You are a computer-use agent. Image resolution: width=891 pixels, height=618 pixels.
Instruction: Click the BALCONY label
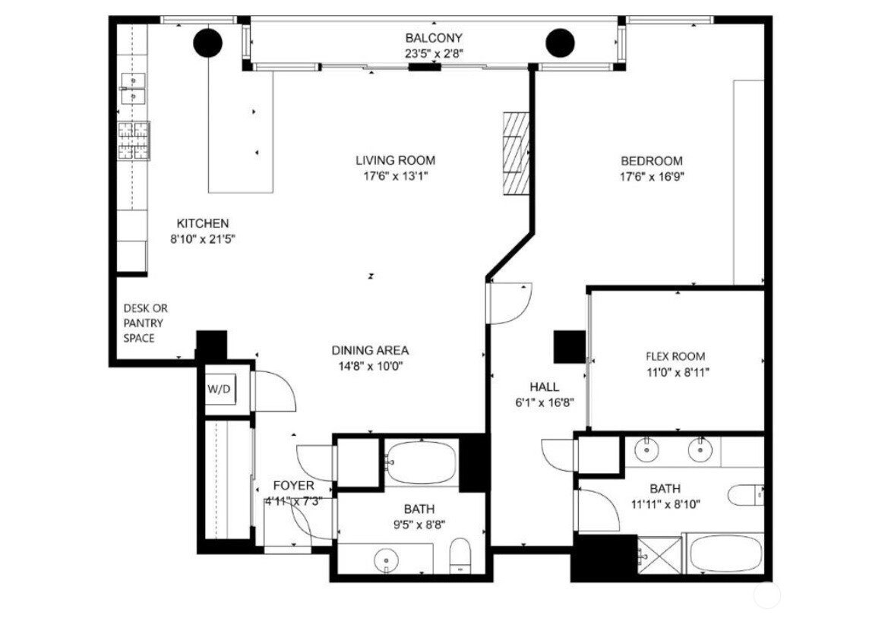[x=434, y=38]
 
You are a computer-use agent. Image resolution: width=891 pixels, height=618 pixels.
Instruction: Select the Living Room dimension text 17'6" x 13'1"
[x=396, y=176]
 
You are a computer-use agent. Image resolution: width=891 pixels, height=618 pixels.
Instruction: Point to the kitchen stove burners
[x=134, y=140]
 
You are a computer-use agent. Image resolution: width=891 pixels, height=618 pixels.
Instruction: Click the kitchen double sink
[x=132, y=89]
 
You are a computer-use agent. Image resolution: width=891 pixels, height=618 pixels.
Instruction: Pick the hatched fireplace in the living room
[x=516, y=153]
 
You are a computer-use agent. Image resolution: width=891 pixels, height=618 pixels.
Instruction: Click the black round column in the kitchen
[x=207, y=43]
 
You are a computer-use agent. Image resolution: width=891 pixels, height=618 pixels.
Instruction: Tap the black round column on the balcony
[x=561, y=43]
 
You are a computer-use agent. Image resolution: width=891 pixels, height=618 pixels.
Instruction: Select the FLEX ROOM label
[x=675, y=357]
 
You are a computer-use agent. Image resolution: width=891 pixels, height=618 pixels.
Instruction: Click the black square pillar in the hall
[x=570, y=346]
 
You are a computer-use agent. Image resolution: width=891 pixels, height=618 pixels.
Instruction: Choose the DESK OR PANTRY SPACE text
[x=146, y=323]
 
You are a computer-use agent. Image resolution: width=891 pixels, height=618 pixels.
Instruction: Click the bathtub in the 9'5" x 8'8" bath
[x=421, y=462]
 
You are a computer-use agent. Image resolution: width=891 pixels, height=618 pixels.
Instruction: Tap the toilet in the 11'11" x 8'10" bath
[x=746, y=495]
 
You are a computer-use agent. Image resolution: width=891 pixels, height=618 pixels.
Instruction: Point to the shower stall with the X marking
[x=659, y=556]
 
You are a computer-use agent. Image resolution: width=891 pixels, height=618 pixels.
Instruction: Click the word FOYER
[x=293, y=486]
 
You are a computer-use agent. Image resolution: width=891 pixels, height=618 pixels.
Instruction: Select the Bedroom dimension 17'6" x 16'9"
[x=652, y=177]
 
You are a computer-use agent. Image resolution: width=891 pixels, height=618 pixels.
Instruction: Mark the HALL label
[x=545, y=387]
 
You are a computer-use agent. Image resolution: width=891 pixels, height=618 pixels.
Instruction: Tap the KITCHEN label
[x=203, y=223]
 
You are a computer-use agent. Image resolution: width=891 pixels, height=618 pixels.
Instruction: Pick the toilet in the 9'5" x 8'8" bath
[x=460, y=557]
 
